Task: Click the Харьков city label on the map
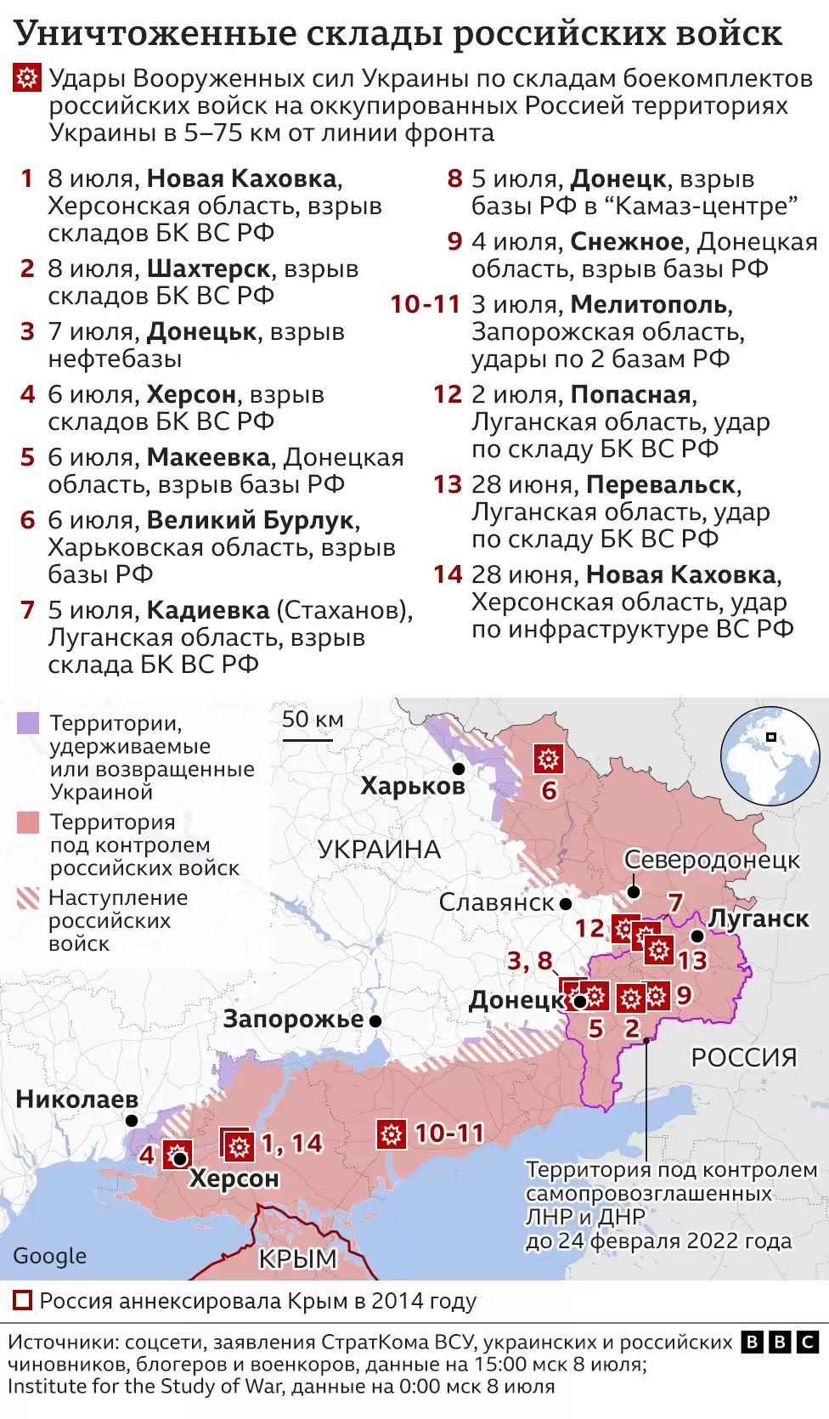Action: pos(413,785)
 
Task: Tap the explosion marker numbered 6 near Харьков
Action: pos(548,758)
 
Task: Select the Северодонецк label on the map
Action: pos(712,859)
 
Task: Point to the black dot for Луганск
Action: pos(696,936)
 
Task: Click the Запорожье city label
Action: pos(293,1019)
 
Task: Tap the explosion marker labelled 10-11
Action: pos(392,1134)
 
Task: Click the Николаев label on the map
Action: pos(76,1100)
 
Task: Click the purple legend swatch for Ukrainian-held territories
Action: pos(28,724)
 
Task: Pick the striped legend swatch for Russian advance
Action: pos(28,898)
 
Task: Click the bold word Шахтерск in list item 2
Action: pos(209,269)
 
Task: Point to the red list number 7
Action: pos(27,610)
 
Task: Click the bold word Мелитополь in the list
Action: pos(649,304)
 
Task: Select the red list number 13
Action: pos(447,484)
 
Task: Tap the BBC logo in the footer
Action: pos(778,1342)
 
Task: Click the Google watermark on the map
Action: pos(49,1256)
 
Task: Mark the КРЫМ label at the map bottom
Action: pos(297,1258)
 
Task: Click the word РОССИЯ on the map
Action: pos(743,1057)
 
